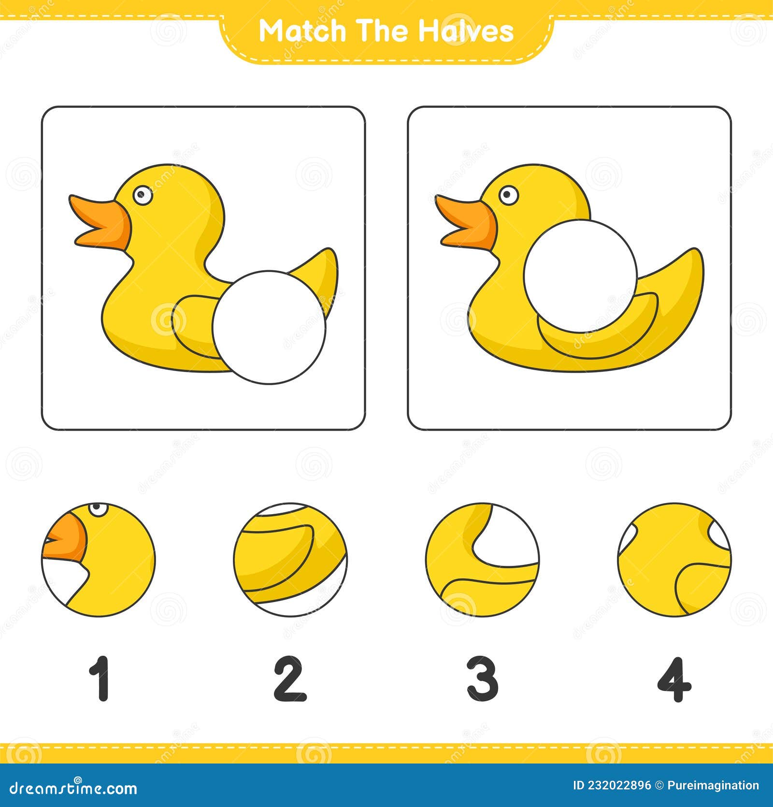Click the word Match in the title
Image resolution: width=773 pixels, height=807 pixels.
click(303, 31)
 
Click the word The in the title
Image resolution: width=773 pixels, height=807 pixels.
click(382, 31)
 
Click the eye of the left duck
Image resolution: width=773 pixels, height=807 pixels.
click(142, 195)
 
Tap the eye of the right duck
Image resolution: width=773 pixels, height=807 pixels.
click(507, 195)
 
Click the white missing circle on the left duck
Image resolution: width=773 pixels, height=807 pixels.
click(269, 327)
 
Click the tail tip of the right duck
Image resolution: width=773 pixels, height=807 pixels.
click(696, 254)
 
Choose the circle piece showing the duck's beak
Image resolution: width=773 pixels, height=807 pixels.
click(99, 560)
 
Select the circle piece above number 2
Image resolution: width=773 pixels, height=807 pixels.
click(290, 560)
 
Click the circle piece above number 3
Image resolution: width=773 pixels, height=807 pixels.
click(483, 560)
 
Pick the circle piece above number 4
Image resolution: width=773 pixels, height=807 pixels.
click(674, 560)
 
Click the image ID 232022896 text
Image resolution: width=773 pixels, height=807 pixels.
click(613, 785)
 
